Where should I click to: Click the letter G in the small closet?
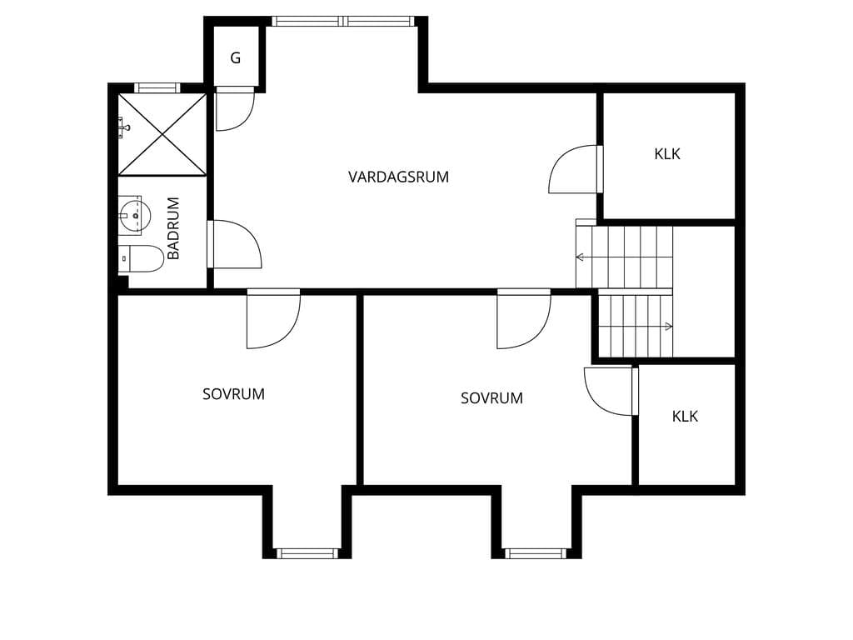coord(236,57)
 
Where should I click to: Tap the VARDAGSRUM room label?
coord(399,177)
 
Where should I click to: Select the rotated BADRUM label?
coord(173,228)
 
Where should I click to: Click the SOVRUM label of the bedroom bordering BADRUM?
coord(233,394)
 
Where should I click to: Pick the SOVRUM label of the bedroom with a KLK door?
coord(491,398)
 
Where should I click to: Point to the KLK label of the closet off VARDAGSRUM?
coord(667,154)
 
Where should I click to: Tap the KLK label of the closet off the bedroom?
coord(685,417)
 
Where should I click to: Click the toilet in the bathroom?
coord(141,258)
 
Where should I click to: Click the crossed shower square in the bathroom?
coord(162,134)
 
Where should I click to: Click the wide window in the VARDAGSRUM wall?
coord(344,21)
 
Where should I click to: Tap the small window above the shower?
coord(157,87)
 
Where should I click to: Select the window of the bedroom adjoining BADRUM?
coord(307,553)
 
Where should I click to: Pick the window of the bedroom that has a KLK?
coord(536,553)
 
